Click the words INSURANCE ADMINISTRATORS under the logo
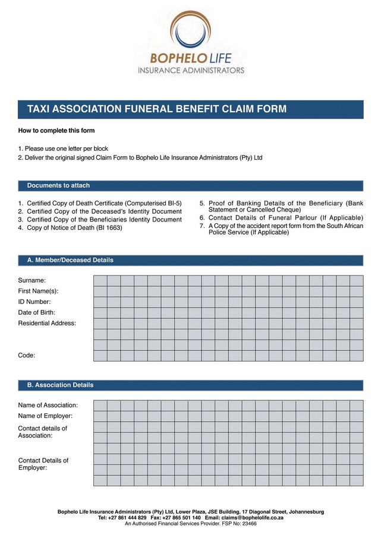[191, 70]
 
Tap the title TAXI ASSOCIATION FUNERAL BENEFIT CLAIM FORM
[156, 109]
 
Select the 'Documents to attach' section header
[58, 186]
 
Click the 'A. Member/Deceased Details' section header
[70, 260]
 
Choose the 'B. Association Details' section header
[60, 385]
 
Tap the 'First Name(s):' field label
[39, 291]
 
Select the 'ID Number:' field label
[34, 302]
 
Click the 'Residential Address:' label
[47, 323]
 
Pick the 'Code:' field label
[27, 355]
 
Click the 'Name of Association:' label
[48, 405]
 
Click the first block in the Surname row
[100, 281]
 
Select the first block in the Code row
[100, 356]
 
